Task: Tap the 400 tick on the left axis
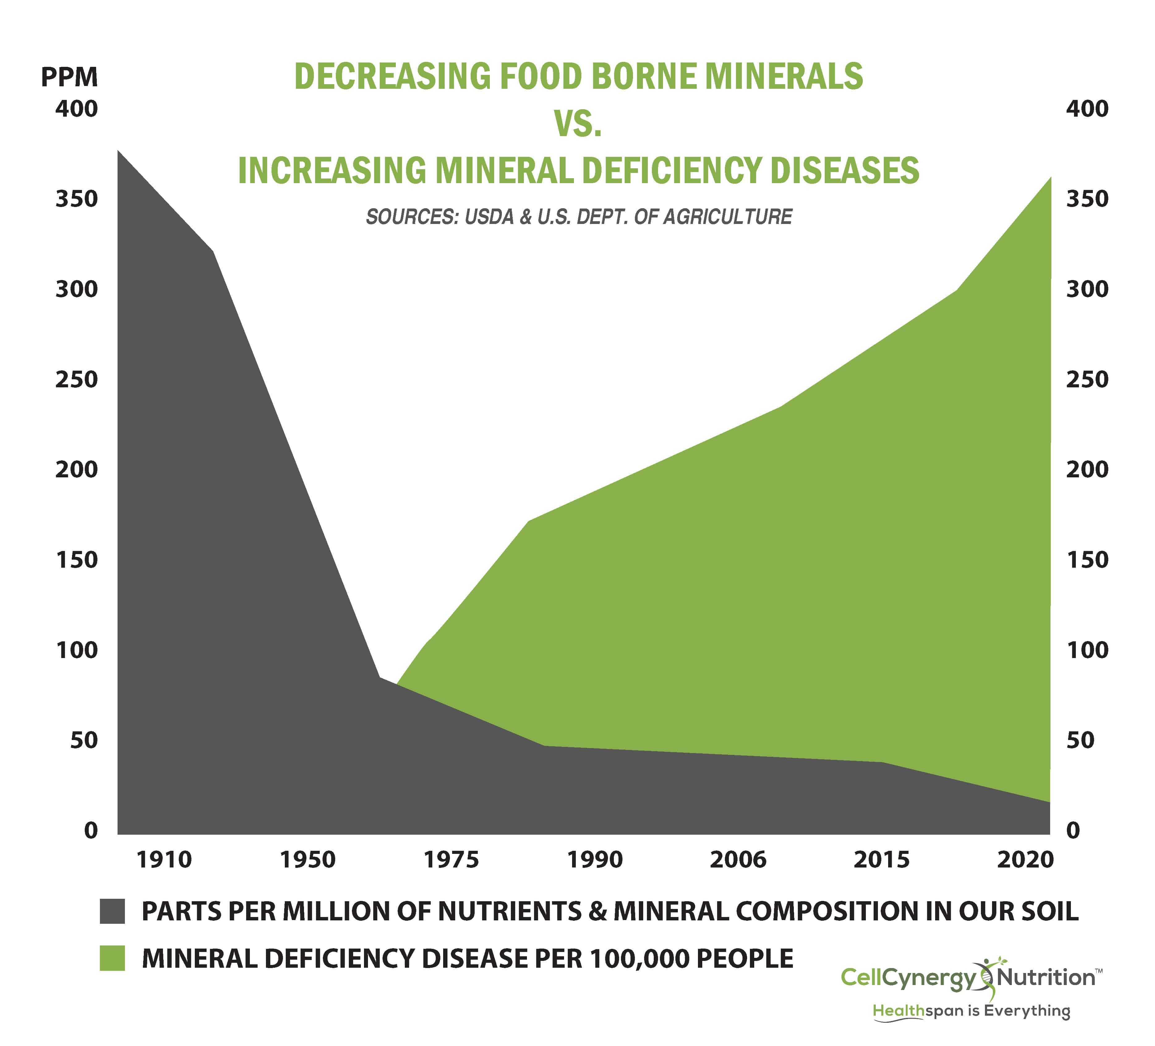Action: (76, 109)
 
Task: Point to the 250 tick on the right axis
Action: (1087, 379)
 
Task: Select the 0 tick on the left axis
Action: (91, 830)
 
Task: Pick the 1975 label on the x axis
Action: (451, 860)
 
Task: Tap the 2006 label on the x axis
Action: (738, 860)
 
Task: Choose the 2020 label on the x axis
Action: (1025, 860)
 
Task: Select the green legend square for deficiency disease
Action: (112, 958)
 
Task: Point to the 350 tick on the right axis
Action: (1087, 199)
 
